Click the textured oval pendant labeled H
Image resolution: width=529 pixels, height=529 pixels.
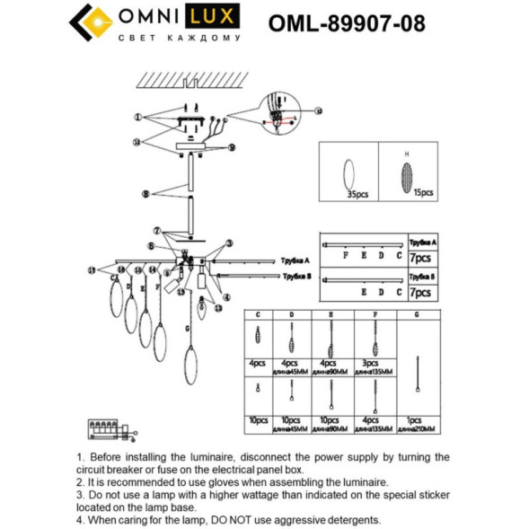click(409, 171)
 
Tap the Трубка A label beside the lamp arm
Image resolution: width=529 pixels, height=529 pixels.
click(295, 258)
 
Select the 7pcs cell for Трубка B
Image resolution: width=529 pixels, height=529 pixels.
click(421, 293)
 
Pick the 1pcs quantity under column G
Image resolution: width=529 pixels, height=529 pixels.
click(414, 419)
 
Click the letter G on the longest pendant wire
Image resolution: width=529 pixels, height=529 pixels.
click(188, 330)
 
